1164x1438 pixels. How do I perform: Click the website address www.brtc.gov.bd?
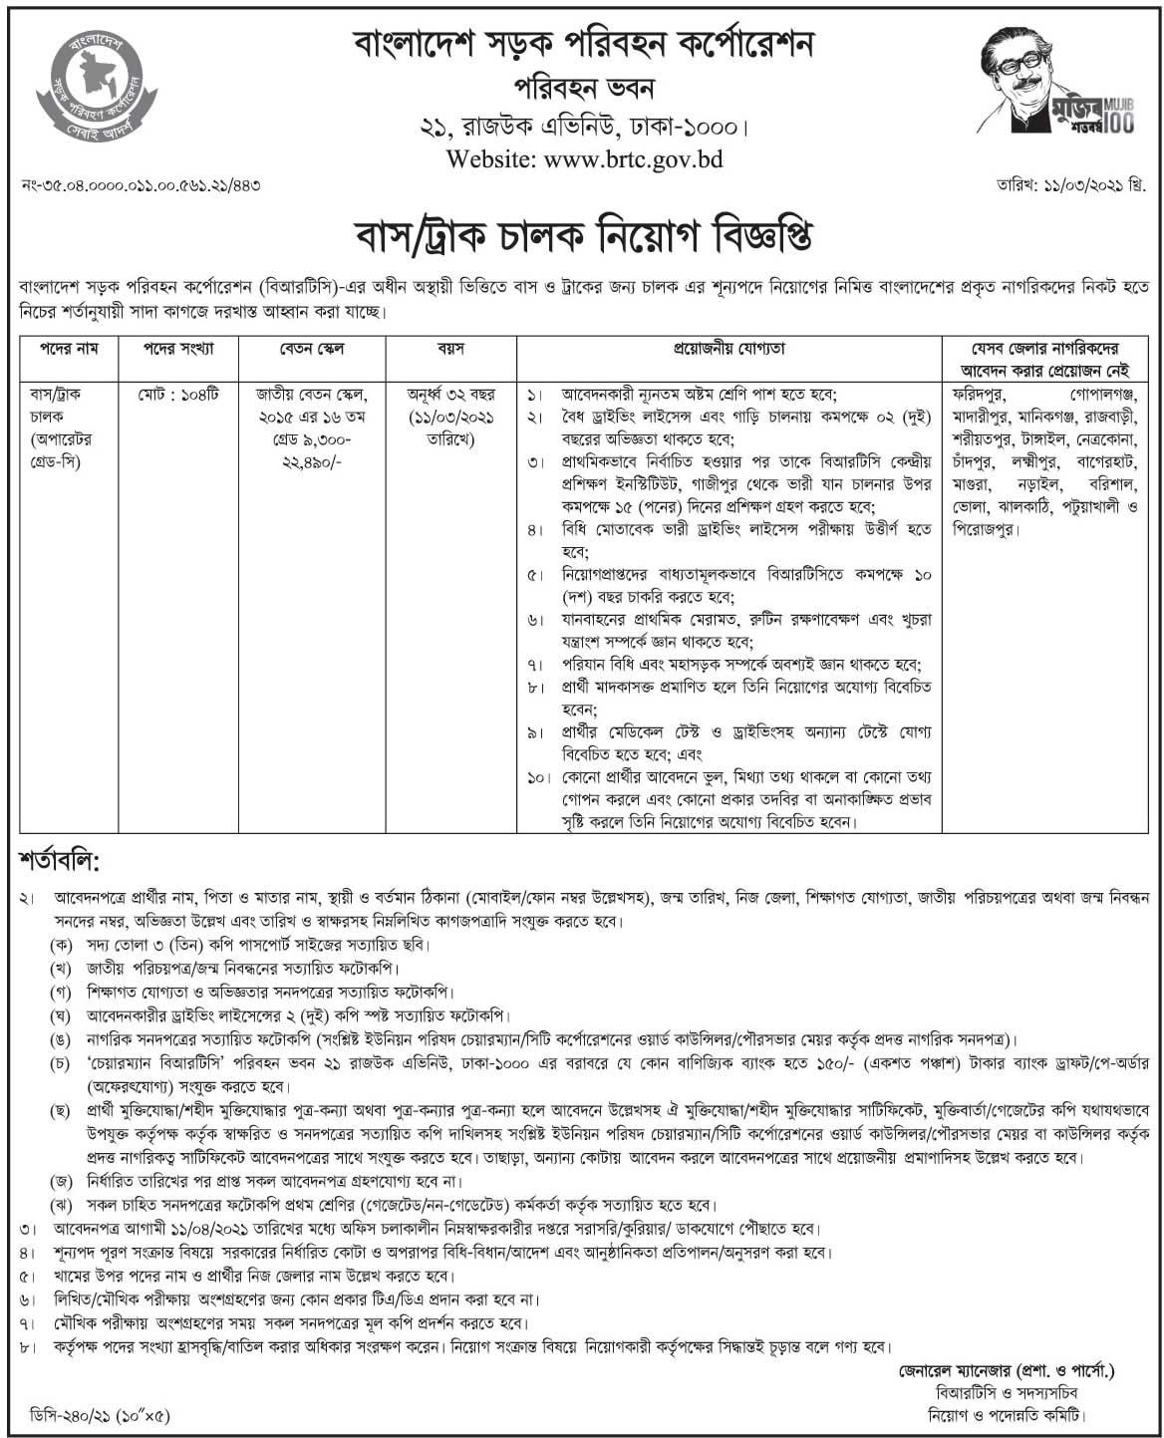584,158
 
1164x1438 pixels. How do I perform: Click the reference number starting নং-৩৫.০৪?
141,186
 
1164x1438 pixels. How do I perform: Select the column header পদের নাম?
69,350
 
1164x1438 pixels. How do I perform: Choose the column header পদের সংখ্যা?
178,350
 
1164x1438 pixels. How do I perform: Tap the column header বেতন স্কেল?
311,350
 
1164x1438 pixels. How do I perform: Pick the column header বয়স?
450,350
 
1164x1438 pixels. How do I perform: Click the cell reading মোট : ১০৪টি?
178,395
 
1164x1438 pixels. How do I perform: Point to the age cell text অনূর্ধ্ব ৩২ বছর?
450,395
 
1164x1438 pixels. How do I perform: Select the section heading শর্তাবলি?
60,858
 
